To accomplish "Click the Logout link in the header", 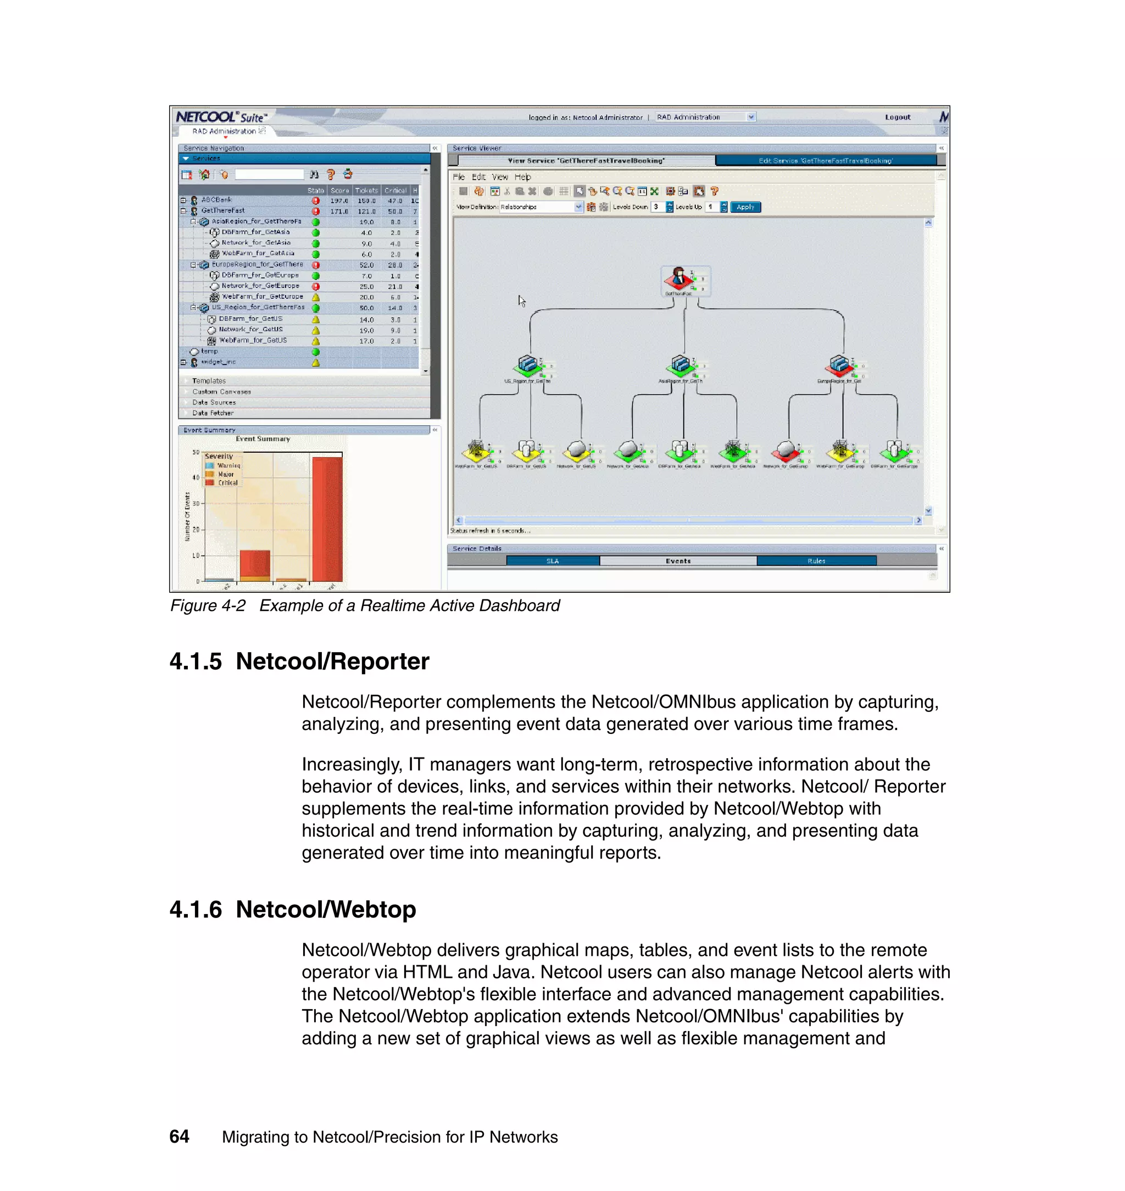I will click(897, 118).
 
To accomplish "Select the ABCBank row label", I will click(216, 200).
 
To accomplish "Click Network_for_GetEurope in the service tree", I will click(260, 286).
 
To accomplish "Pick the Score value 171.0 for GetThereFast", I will click(339, 211).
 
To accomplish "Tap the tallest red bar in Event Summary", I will click(327, 519).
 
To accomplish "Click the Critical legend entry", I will click(227, 483).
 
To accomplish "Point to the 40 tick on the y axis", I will click(196, 478).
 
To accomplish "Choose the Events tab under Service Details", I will click(678, 561).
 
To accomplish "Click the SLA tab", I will click(552, 561).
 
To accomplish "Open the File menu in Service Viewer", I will click(459, 177).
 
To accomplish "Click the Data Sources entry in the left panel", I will click(214, 402).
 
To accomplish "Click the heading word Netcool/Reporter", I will click(332, 661).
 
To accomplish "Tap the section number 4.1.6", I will click(196, 910).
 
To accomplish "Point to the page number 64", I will click(179, 1137).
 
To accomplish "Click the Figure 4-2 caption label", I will click(208, 606).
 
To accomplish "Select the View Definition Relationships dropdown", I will click(541, 207).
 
